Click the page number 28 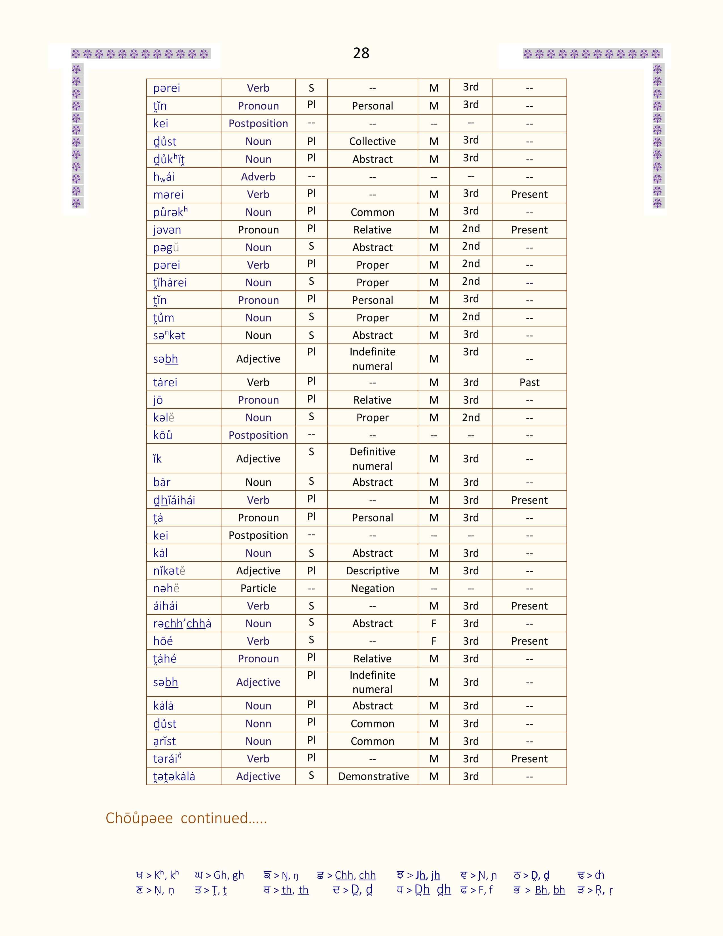coord(361,53)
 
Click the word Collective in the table coord(372,142)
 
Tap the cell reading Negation coord(372,589)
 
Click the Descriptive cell coord(372,571)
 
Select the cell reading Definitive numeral coord(372,459)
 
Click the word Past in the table coord(529,382)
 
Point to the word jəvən coord(167,230)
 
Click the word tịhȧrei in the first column coord(170,283)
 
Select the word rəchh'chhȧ coord(182,623)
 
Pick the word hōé coord(163,641)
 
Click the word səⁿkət coord(169,336)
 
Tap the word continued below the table coord(224,818)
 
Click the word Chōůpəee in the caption coord(139,818)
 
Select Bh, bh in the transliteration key coord(550,890)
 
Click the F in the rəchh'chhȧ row coord(434,623)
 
